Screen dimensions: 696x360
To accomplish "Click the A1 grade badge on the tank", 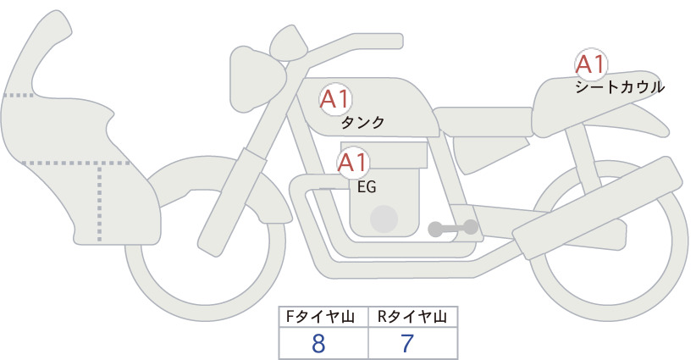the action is click(x=335, y=99).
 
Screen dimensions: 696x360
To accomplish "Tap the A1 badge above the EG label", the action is click(x=353, y=163).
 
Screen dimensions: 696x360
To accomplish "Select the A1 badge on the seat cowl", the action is click(x=591, y=64).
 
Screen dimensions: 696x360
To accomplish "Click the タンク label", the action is click(x=362, y=123).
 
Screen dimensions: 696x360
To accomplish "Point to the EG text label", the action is click(x=367, y=187).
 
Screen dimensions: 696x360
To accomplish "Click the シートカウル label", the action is click(x=620, y=87).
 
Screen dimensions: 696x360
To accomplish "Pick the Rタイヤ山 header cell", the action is click(x=413, y=317).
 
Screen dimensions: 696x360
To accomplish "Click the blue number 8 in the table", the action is click(x=318, y=344).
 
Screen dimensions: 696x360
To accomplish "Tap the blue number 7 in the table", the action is click(x=407, y=344).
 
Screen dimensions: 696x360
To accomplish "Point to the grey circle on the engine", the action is click(x=384, y=219).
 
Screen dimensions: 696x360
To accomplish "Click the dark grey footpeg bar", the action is click(x=453, y=228).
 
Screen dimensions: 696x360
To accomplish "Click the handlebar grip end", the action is click(x=397, y=41).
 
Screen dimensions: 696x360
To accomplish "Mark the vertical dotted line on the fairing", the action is click(x=99, y=202).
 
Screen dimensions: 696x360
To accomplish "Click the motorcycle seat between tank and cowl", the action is click(x=483, y=121).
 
